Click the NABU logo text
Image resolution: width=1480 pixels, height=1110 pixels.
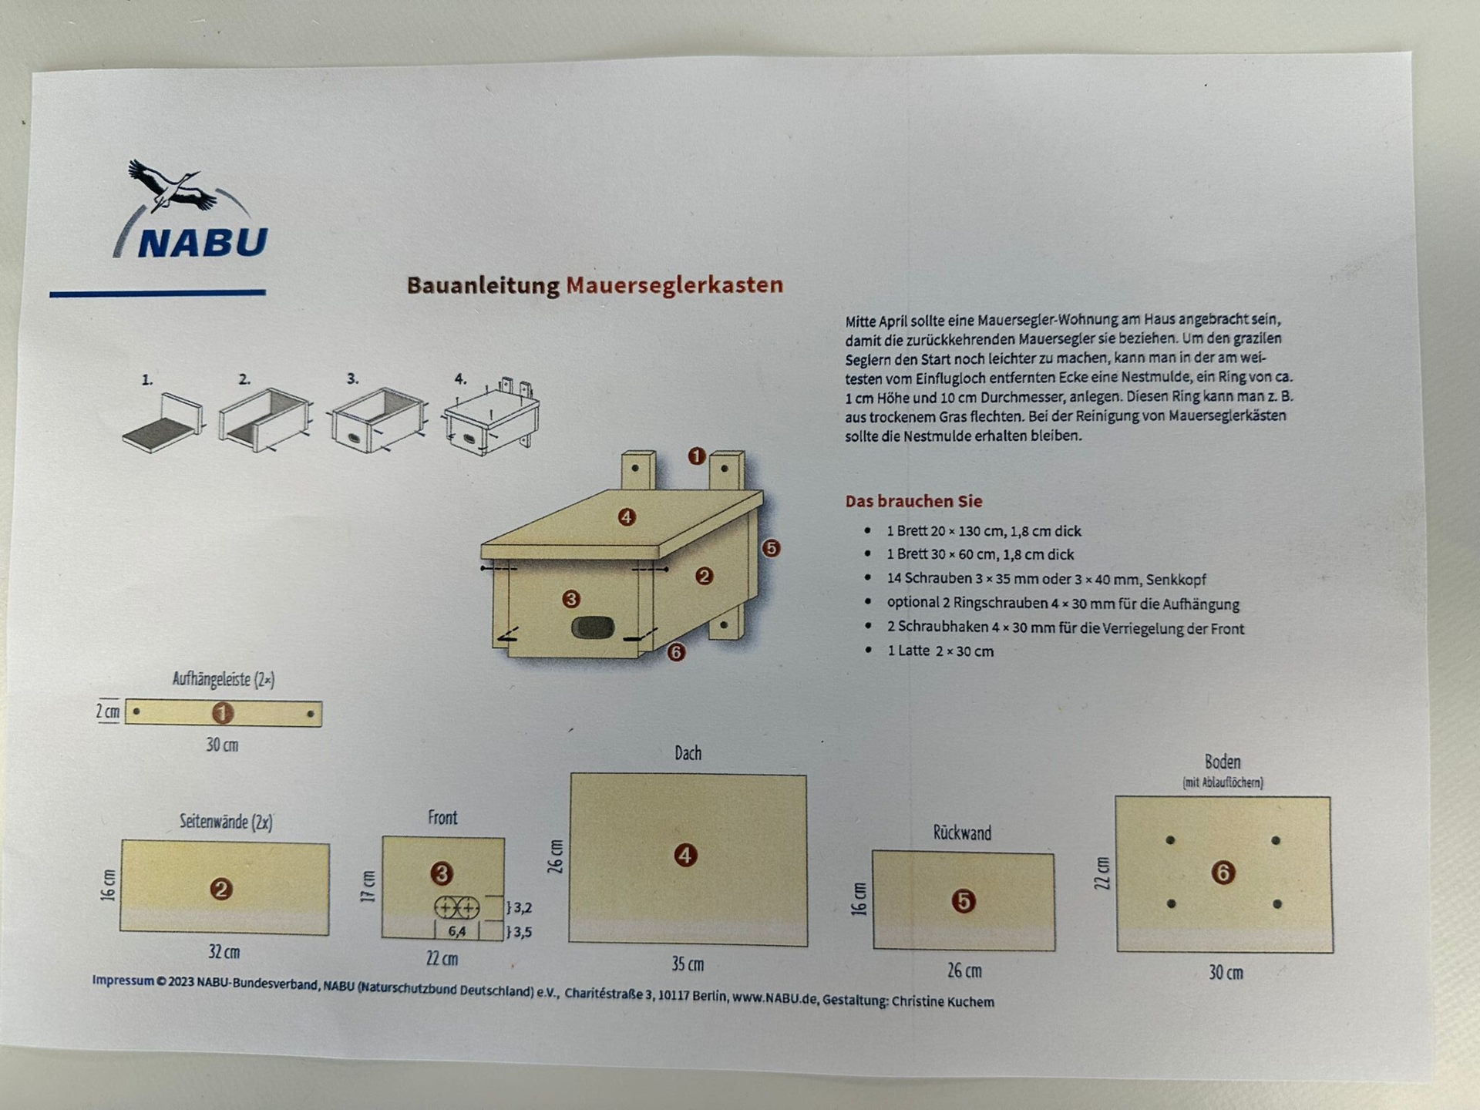(x=203, y=242)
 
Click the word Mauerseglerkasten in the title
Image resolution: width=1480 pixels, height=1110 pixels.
(x=674, y=285)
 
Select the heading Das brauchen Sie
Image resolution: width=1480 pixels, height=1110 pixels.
(x=913, y=501)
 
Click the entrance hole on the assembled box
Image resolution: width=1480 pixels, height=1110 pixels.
(x=593, y=627)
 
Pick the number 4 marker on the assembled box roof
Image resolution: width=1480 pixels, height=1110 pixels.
(x=627, y=517)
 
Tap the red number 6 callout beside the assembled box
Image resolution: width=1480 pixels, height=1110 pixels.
(x=676, y=652)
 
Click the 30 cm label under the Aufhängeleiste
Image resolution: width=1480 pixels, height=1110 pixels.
(x=222, y=745)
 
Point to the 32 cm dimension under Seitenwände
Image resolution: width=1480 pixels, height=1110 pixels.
(x=224, y=952)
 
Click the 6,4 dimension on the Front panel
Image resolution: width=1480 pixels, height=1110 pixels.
(x=457, y=931)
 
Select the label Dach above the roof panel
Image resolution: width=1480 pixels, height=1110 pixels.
(x=688, y=753)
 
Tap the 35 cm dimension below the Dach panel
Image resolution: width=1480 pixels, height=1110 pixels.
(x=688, y=964)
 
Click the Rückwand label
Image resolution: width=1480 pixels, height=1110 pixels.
(x=962, y=833)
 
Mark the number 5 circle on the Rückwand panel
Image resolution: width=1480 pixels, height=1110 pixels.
(x=964, y=901)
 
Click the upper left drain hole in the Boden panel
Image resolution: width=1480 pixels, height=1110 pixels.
(x=1170, y=840)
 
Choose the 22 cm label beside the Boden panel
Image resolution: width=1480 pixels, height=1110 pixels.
(x=1102, y=873)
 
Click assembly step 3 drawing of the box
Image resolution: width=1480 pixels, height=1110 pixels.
(x=378, y=420)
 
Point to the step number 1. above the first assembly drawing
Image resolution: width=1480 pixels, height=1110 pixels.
(x=147, y=380)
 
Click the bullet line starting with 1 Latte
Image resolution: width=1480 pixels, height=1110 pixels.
(x=940, y=651)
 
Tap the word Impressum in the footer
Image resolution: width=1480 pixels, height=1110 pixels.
(x=123, y=980)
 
